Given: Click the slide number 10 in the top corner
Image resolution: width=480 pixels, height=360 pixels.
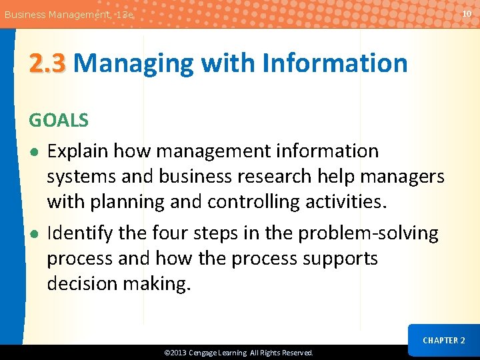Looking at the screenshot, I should pos(466,13).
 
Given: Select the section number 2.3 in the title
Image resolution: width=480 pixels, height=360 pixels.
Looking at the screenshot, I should pos(47,63).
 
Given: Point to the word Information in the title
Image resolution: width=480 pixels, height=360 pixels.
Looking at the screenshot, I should pos(335,63).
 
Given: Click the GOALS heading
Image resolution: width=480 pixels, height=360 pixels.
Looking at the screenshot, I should pos(59,120).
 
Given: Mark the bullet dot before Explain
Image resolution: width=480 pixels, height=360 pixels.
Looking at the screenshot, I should pos(33,152).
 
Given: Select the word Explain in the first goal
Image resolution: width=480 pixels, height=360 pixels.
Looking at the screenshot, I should pos(77,151).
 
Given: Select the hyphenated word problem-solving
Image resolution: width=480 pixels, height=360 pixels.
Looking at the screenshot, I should pos(368,233).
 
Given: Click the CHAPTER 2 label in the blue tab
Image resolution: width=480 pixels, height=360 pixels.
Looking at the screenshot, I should pos(444,341).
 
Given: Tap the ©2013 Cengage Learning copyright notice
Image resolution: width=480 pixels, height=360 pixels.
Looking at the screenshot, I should pos(239,353).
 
